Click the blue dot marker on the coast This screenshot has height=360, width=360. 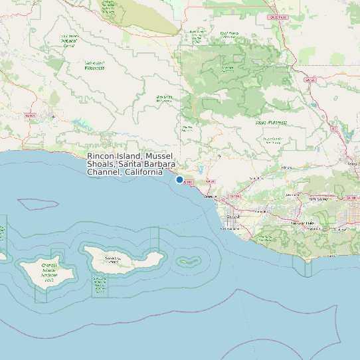179,179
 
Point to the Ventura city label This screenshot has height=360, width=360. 211,197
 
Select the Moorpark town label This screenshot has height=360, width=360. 290,195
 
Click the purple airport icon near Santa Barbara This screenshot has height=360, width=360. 53,118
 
